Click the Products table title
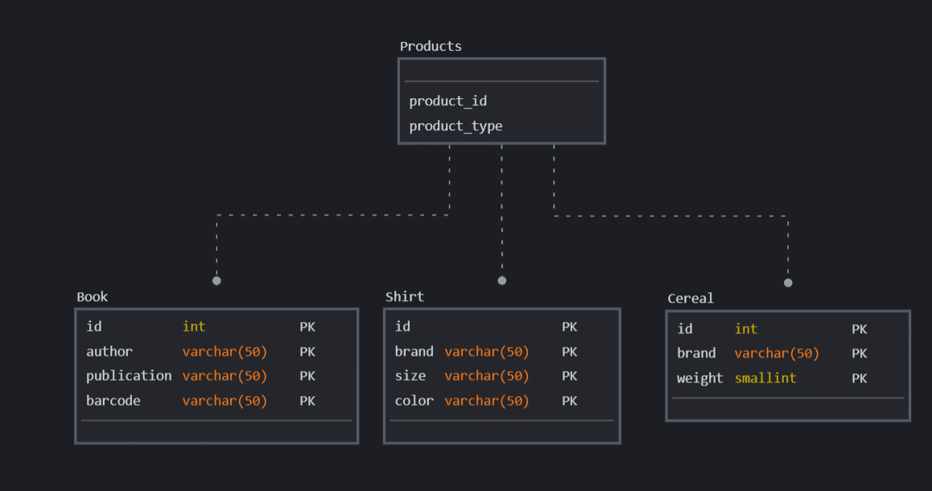tap(431, 46)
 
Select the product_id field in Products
tap(447, 101)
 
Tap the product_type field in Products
tap(456, 126)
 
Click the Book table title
tap(92, 296)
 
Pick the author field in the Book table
tap(109, 351)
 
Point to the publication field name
tap(129, 376)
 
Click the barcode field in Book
tap(113, 400)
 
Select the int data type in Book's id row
tap(193, 326)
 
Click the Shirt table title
tap(404, 296)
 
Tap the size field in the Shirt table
tap(410, 376)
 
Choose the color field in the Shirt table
tap(414, 400)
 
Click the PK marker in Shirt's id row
tap(569, 327)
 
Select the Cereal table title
tap(690, 298)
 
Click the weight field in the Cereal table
tap(699, 378)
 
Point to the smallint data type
tap(765, 378)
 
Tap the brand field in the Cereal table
tap(696, 353)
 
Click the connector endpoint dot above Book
tap(217, 281)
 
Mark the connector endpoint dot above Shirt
tap(502, 281)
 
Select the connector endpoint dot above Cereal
tap(788, 283)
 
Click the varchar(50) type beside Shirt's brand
tap(486, 351)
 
